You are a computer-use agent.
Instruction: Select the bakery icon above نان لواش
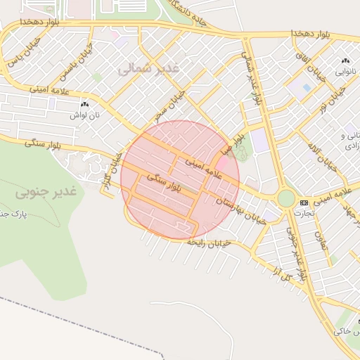(84, 103)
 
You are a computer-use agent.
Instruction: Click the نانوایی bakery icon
(345, 62)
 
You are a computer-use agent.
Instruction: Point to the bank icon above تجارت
(304, 202)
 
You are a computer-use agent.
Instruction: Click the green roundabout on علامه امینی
(285, 198)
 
